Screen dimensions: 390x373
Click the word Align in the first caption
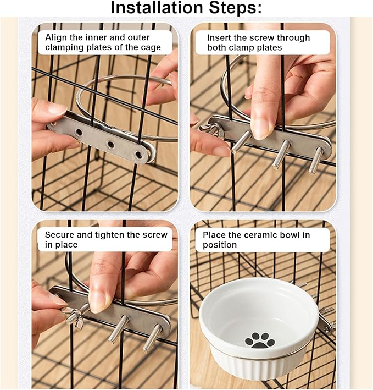coord(56,37)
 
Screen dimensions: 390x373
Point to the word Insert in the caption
coord(219,37)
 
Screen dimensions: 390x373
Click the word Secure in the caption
coord(60,234)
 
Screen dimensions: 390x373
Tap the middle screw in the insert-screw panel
coord(281,155)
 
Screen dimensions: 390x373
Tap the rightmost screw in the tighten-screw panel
coord(153,338)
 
